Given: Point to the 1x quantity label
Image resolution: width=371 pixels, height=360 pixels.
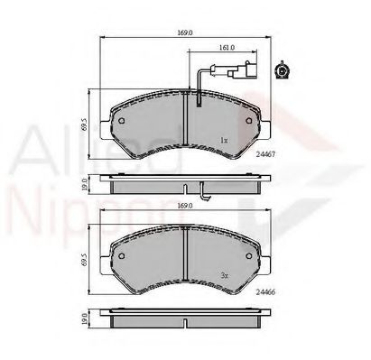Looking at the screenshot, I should pyautogui.click(x=224, y=140).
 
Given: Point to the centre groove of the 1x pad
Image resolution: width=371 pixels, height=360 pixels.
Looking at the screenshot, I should pyautogui.click(x=185, y=126).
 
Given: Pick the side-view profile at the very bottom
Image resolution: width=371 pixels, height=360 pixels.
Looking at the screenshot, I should pyautogui.click(x=185, y=318).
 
